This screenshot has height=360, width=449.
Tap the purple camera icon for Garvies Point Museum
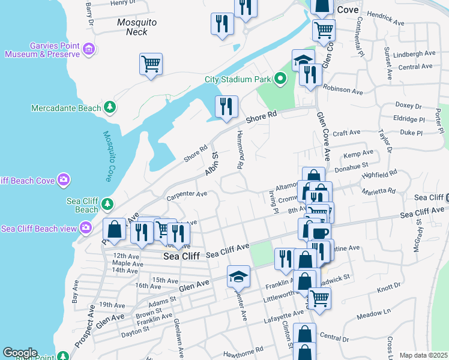click(x=89, y=49)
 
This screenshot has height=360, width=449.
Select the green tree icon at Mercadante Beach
click(x=109, y=107)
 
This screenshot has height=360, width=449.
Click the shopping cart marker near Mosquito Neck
click(x=151, y=64)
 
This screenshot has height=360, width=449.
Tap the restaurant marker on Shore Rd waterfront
click(x=226, y=106)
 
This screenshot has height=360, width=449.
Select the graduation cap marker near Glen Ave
click(x=238, y=276)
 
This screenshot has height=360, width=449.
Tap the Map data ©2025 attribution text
click(x=423, y=355)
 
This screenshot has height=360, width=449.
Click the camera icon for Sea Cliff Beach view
click(x=86, y=227)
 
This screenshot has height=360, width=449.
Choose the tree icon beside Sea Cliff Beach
click(x=107, y=204)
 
